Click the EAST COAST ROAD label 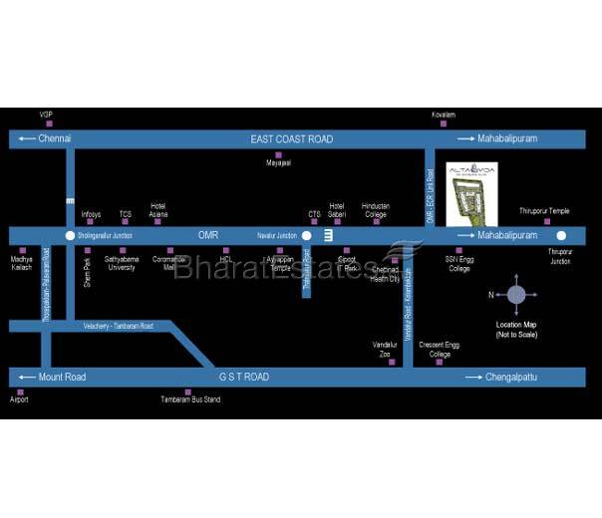[x=292, y=139]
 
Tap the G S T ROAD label [x=244, y=378]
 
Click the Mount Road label [x=55, y=378]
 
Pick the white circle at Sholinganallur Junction [x=69, y=236]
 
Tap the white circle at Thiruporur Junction [x=562, y=236]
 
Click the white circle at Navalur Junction [x=307, y=236]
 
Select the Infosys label [x=91, y=214]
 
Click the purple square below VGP [x=46, y=124]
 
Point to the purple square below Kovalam [x=444, y=124]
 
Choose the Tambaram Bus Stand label [x=191, y=399]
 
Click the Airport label [x=20, y=399]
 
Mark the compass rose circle [x=516, y=294]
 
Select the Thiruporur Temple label [x=545, y=211]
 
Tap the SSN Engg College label [x=458, y=263]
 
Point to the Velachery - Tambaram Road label [x=118, y=326]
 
